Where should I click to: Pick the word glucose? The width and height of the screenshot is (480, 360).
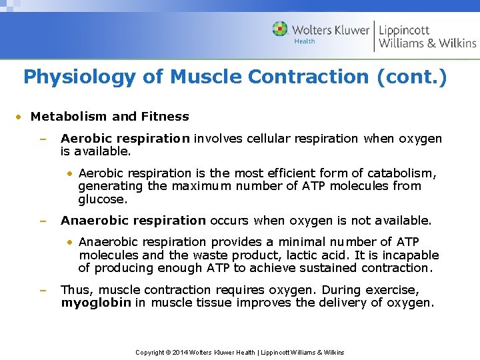click(102, 199)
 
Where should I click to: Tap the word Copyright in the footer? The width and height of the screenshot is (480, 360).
click(151, 352)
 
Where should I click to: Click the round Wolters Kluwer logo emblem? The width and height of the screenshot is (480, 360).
click(281, 29)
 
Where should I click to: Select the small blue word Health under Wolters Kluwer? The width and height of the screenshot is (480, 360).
click(305, 41)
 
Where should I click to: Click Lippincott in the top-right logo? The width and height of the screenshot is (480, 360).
click(405, 30)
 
